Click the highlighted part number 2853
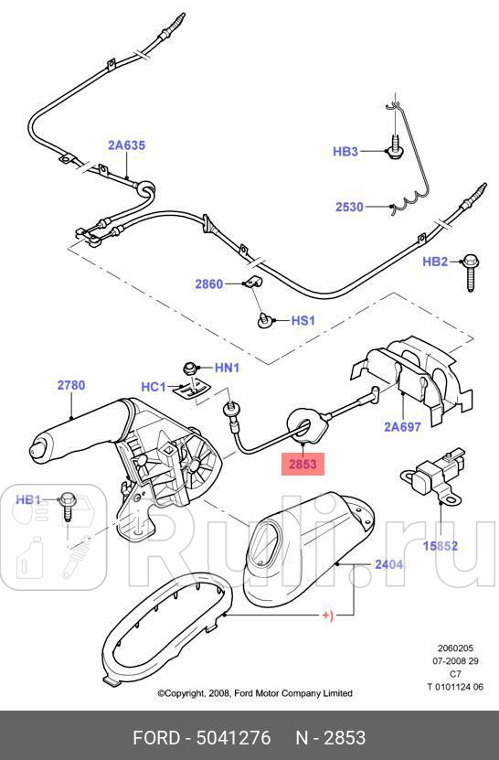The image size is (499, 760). tap(303, 465)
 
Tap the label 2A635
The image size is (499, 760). tap(126, 145)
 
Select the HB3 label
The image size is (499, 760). tap(345, 152)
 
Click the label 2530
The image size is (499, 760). tap(349, 208)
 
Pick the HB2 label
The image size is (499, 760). tap(435, 262)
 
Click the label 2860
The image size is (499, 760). tap(208, 284)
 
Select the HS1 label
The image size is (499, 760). tap(303, 321)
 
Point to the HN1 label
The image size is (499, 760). tap(227, 368)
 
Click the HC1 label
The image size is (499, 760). tap(153, 387)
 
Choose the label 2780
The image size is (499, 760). tap(71, 385)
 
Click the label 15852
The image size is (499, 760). tap(440, 547)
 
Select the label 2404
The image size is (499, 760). tap(388, 565)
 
